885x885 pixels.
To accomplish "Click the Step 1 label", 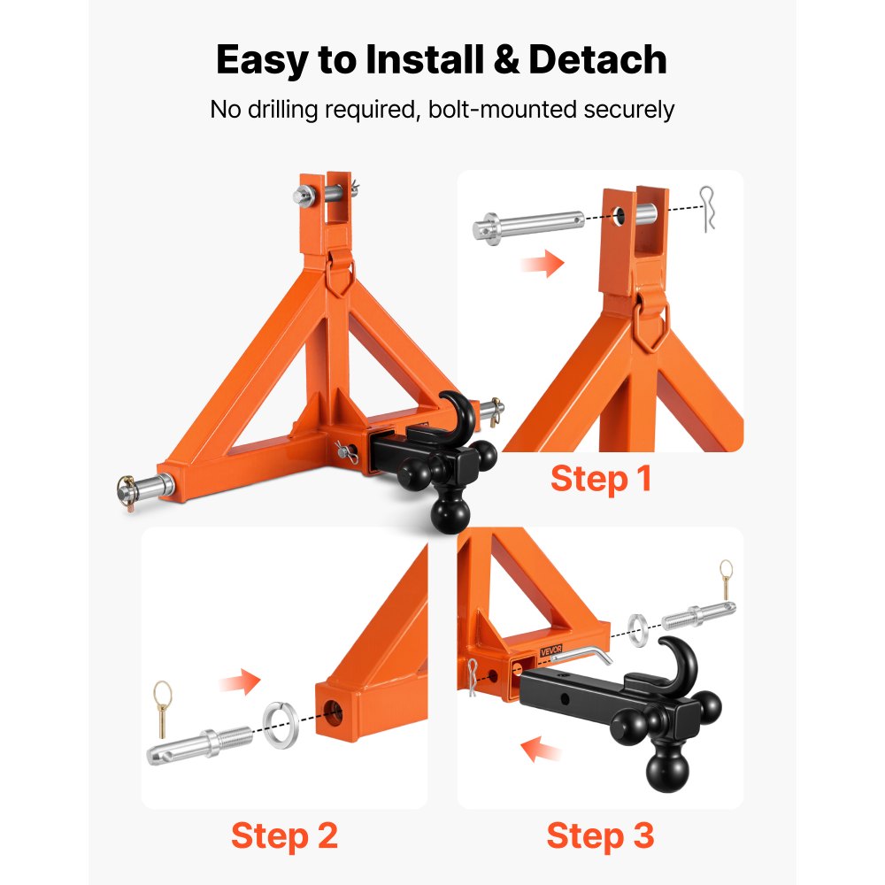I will point(601,479).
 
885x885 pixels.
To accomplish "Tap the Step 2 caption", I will point(284,835).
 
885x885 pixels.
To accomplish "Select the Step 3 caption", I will point(600,835).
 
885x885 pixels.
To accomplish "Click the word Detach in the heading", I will point(597,60).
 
